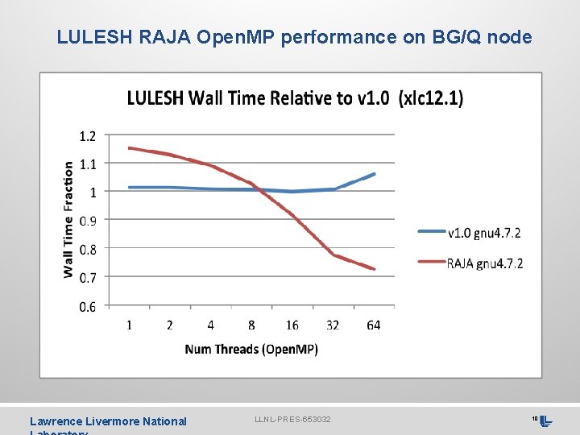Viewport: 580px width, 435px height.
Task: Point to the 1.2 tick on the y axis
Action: pyautogui.click(x=87, y=135)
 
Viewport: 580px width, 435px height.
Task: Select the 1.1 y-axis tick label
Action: pyautogui.click(x=87, y=164)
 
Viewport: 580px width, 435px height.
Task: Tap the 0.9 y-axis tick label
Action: pyautogui.click(x=87, y=221)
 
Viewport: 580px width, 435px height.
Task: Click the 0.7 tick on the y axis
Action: pyautogui.click(x=87, y=278)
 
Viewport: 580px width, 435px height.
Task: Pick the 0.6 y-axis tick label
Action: pyautogui.click(x=87, y=307)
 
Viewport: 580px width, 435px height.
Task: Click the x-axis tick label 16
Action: pyautogui.click(x=292, y=325)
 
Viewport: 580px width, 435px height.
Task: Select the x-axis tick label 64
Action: pyautogui.click(x=373, y=325)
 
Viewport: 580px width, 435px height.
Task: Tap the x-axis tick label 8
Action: pyautogui.click(x=251, y=325)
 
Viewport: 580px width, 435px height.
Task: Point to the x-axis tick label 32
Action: pyautogui.click(x=333, y=325)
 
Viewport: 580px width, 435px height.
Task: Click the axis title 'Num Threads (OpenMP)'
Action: pyautogui.click(x=251, y=349)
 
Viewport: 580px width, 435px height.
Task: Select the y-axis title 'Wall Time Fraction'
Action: pyautogui.click(x=68, y=219)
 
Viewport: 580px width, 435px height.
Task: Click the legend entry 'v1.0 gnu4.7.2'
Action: pyautogui.click(x=483, y=233)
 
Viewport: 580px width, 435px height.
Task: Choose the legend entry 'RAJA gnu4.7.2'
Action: pyautogui.click(x=484, y=263)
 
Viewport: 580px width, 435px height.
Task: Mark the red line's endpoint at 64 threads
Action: pyautogui.click(x=374, y=269)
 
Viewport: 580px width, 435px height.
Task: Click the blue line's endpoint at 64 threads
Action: pyautogui.click(x=374, y=174)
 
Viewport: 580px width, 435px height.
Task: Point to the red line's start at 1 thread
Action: pyautogui.click(x=129, y=148)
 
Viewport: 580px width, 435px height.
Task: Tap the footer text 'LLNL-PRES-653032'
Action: pyautogui.click(x=292, y=420)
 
